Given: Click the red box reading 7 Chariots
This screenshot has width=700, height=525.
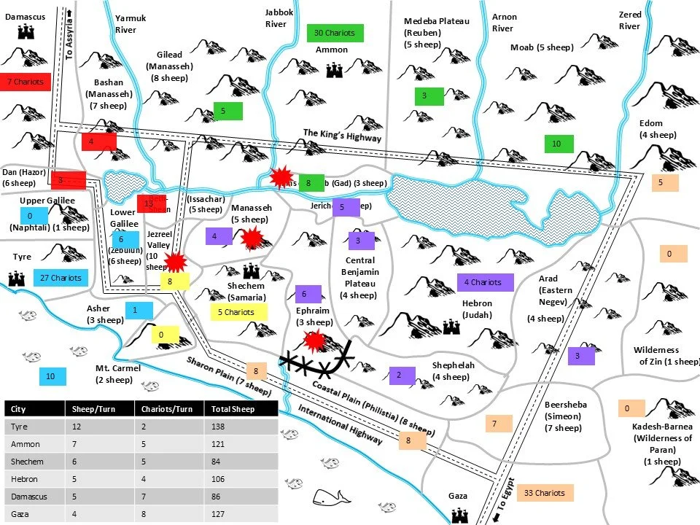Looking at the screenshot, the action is tap(26, 82).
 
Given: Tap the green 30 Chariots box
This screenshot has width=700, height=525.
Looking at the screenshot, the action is tap(335, 33).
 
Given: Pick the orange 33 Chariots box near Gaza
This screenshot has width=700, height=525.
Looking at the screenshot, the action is tap(545, 493).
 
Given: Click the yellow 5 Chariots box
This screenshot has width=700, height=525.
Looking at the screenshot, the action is tap(236, 312).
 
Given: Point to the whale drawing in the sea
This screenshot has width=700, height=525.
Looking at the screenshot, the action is tap(330, 497).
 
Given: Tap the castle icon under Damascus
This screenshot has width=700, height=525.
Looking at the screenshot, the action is tap(27, 31).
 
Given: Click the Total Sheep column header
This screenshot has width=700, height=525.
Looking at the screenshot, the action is tap(223, 408).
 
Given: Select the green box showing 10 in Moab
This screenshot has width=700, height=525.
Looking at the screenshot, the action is tap(556, 144).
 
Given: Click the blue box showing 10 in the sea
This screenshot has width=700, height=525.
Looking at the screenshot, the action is tap(50, 376).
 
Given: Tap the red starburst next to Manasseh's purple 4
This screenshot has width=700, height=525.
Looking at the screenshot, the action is tap(252, 238).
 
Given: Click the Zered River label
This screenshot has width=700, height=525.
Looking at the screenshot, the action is tap(629, 20).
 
